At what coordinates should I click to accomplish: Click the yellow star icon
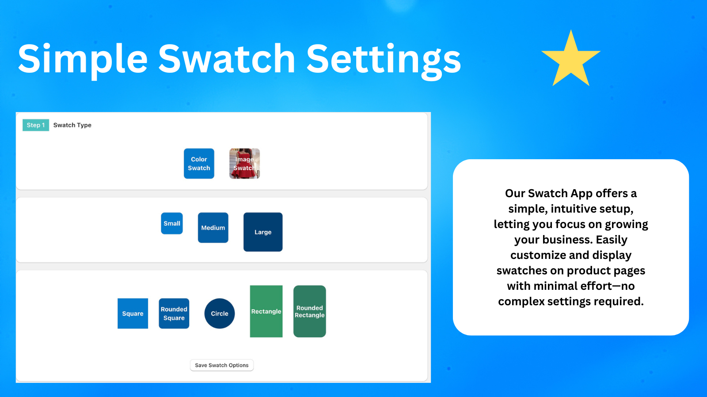pyautogui.click(x=570, y=60)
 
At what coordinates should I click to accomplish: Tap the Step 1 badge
pyautogui.click(x=36, y=125)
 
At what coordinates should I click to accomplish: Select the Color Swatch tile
pyautogui.click(x=199, y=164)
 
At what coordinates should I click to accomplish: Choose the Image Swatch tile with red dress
pyautogui.click(x=245, y=164)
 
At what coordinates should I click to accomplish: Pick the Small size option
pyautogui.click(x=172, y=223)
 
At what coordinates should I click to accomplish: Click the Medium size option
pyautogui.click(x=213, y=228)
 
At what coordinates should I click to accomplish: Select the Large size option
pyautogui.click(x=263, y=232)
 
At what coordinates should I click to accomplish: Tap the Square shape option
pyautogui.click(x=133, y=314)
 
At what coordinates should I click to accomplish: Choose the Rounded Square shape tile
pyautogui.click(x=174, y=314)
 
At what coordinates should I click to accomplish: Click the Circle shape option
pyautogui.click(x=219, y=314)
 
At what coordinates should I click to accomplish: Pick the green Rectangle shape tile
pyautogui.click(x=266, y=311)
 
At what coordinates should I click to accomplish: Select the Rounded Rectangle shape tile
pyautogui.click(x=310, y=311)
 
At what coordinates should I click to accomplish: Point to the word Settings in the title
pyautogui.click(x=384, y=60)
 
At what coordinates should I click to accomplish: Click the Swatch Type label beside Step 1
pyautogui.click(x=72, y=125)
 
